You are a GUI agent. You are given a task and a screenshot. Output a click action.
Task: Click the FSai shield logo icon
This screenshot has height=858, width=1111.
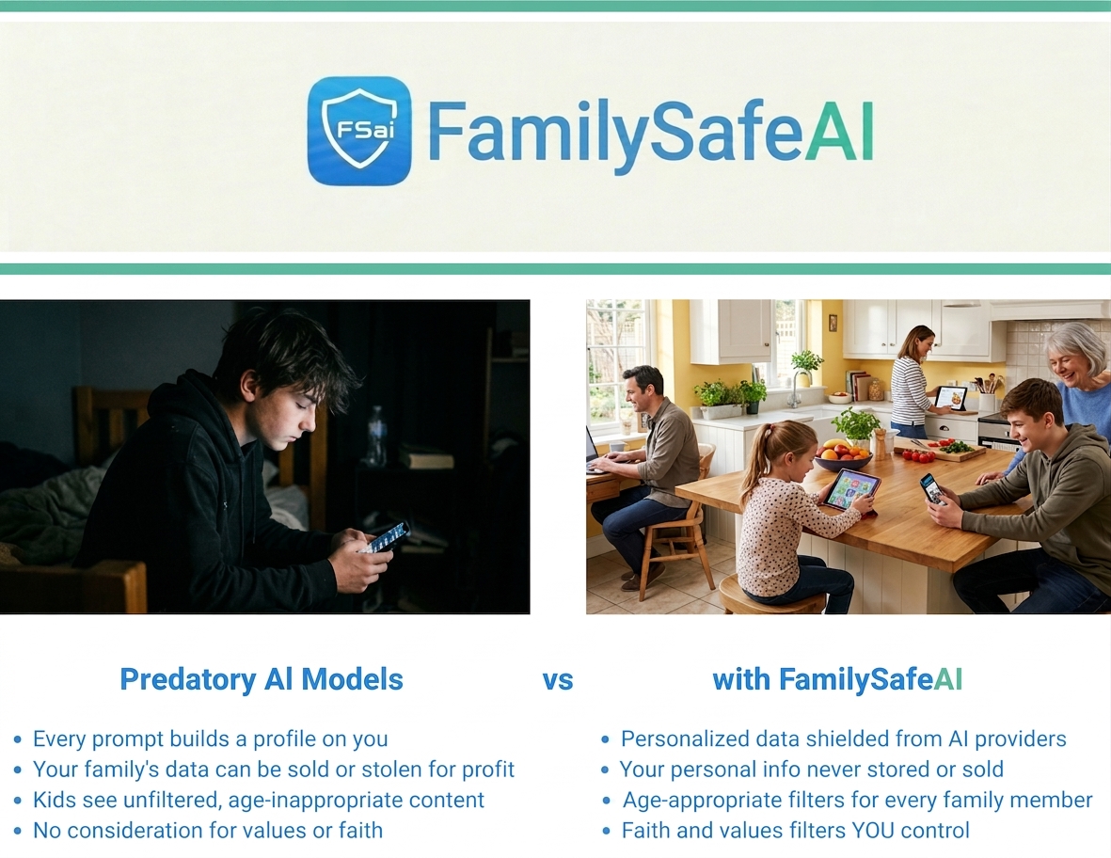click(x=359, y=131)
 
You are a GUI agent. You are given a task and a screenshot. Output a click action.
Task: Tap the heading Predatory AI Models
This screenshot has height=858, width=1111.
click(x=262, y=678)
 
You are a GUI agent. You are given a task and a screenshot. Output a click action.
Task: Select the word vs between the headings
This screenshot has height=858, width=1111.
click(x=558, y=680)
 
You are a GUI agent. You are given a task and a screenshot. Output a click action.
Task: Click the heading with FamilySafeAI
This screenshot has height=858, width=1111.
click(x=837, y=678)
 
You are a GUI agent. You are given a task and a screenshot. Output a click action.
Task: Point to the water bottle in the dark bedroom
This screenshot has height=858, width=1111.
click(x=376, y=435)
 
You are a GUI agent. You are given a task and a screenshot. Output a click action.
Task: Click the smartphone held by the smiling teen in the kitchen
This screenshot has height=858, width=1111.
click(x=932, y=489)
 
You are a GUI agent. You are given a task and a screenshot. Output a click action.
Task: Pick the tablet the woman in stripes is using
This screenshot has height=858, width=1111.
click(x=950, y=398)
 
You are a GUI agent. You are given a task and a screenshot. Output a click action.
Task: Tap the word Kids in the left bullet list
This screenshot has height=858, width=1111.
click(x=55, y=800)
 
